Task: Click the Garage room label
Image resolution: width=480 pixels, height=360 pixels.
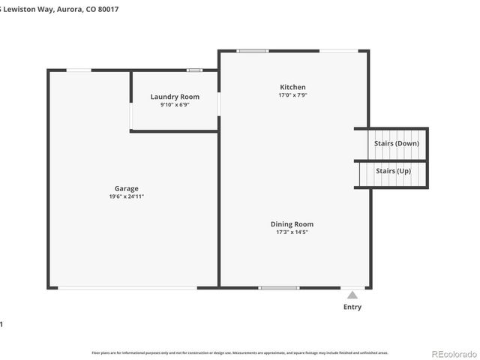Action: [x=126, y=188]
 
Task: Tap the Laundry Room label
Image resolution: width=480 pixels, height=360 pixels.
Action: [x=175, y=97]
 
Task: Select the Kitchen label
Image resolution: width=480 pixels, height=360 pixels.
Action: [x=292, y=87]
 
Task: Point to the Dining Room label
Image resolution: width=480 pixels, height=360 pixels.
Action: [x=292, y=224]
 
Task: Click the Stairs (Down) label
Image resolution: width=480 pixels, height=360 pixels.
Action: [x=397, y=142]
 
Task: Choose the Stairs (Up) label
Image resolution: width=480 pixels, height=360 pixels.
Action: [x=393, y=171]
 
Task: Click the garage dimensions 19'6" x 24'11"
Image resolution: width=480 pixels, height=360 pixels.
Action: [x=126, y=196]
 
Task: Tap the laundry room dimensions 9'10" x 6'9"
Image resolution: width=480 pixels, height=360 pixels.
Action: [x=175, y=105]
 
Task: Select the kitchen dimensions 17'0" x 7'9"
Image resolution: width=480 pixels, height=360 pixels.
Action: [x=292, y=95]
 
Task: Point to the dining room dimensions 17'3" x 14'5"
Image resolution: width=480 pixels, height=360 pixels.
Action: [x=292, y=232]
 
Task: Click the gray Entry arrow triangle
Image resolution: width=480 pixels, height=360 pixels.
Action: [x=352, y=295]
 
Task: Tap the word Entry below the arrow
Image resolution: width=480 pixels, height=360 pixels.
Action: [x=352, y=307]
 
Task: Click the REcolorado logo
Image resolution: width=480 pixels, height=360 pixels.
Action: [x=452, y=352]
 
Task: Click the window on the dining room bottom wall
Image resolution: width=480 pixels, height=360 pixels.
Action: [x=279, y=287]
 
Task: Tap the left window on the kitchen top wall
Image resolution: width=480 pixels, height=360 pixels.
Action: [x=253, y=51]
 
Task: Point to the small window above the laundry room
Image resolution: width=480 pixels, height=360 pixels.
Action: [x=194, y=70]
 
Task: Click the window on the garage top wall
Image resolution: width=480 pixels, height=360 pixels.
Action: [x=79, y=70]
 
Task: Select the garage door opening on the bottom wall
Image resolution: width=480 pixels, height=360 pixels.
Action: [x=128, y=287]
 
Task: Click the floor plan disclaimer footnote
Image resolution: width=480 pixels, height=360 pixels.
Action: [x=240, y=352]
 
